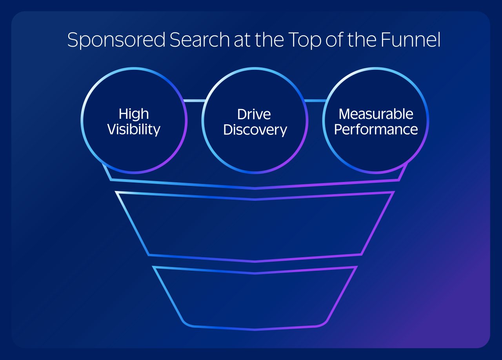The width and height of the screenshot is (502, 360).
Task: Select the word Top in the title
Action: [303, 40]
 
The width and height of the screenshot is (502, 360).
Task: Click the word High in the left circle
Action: [134, 114]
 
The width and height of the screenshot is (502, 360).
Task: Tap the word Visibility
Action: [134, 129]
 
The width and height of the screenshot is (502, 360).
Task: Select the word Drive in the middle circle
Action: [254, 114]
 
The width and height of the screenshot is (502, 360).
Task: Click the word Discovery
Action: [255, 130]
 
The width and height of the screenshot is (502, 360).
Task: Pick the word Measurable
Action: [376, 114]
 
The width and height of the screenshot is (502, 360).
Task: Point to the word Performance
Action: [376, 130]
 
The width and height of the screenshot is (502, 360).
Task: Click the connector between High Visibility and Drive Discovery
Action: [195, 101]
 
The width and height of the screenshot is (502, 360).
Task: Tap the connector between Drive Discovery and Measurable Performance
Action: [315, 101]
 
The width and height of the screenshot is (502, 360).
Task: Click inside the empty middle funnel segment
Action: [255, 227]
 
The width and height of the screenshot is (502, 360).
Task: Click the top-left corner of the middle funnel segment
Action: [116, 192]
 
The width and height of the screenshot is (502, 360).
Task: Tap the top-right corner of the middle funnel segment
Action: [393, 192]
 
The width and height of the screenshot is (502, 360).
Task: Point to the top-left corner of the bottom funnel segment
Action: [154, 267]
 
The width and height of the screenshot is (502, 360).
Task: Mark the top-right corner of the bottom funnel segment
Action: [356, 267]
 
